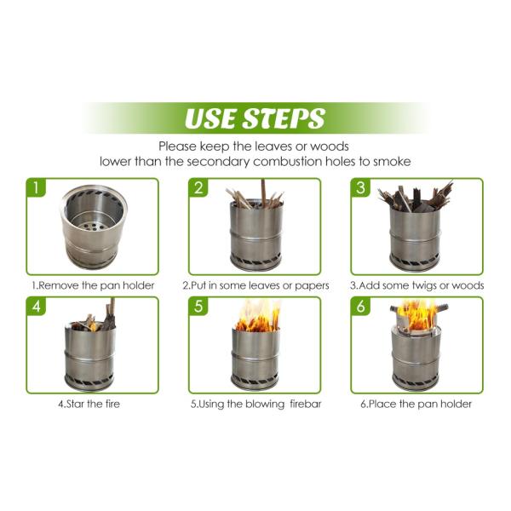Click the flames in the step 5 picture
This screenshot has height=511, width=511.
coord(256,318)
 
